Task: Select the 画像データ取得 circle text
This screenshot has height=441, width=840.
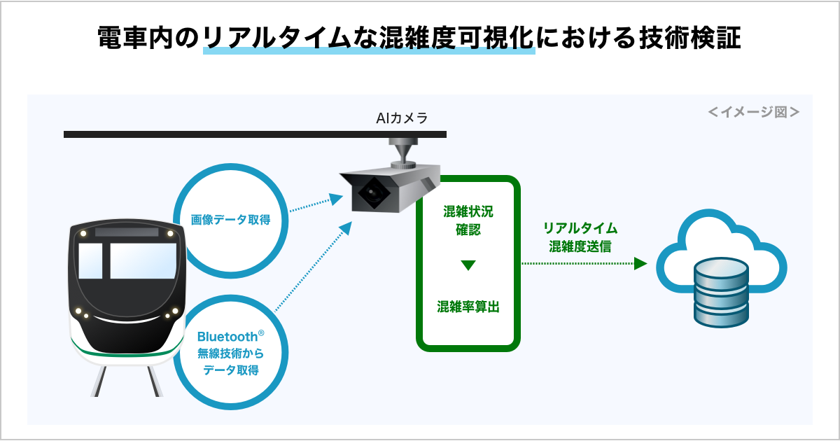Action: click(x=230, y=220)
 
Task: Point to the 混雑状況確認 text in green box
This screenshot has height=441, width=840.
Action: click(x=468, y=220)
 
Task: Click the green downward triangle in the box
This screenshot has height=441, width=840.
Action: click(x=468, y=265)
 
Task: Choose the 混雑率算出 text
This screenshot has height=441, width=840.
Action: click(x=468, y=307)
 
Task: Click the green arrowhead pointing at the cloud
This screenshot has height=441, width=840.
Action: click(x=640, y=264)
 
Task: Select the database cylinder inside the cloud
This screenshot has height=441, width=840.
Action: click(x=722, y=292)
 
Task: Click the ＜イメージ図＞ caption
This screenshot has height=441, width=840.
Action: click(x=753, y=111)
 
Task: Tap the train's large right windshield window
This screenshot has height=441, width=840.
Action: click(x=143, y=260)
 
